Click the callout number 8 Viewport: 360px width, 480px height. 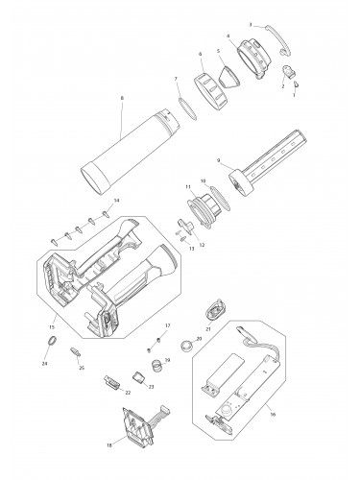[121, 98]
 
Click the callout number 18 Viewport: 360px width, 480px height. [109, 444]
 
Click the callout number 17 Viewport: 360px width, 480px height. [168, 325]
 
